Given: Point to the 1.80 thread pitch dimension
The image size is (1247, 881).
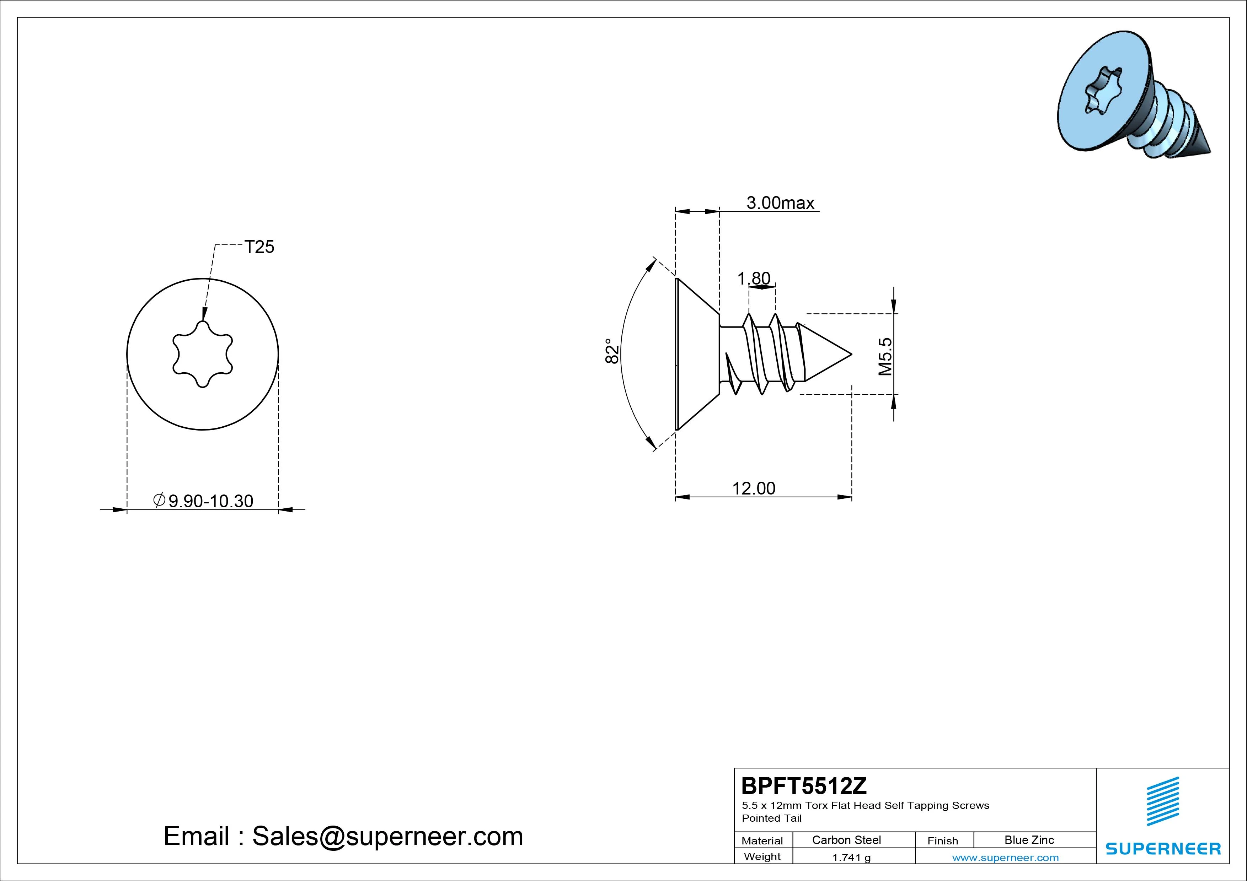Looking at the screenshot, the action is click(x=754, y=279).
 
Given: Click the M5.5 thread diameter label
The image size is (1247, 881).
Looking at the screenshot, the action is click(x=885, y=357).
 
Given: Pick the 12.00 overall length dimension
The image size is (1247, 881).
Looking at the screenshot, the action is click(x=754, y=488).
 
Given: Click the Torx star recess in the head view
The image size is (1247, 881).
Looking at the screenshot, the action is click(x=203, y=354).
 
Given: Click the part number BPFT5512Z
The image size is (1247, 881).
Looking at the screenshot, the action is click(x=804, y=785).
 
